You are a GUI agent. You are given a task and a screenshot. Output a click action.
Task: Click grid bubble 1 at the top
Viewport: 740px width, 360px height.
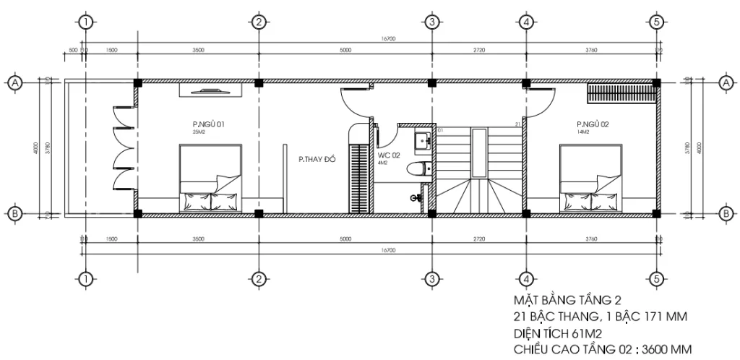pyautogui.click(x=86, y=22)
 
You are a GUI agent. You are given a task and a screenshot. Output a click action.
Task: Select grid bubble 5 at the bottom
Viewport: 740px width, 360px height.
pyautogui.click(x=656, y=278)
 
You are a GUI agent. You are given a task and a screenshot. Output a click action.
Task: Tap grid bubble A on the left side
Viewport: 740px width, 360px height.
pyautogui.click(x=14, y=84)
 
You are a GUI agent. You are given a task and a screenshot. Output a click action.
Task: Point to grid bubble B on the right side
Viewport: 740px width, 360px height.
pyautogui.click(x=725, y=213)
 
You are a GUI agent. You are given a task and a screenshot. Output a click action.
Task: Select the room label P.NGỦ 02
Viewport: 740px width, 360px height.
pyautogui.click(x=593, y=124)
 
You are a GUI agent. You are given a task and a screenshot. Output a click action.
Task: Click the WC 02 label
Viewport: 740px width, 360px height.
pyautogui.click(x=389, y=155)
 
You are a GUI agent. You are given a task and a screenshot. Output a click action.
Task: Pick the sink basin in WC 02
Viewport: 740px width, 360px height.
pyautogui.click(x=420, y=141)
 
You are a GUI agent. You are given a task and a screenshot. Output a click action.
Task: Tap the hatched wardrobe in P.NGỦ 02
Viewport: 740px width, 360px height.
pyautogui.click(x=621, y=94)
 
